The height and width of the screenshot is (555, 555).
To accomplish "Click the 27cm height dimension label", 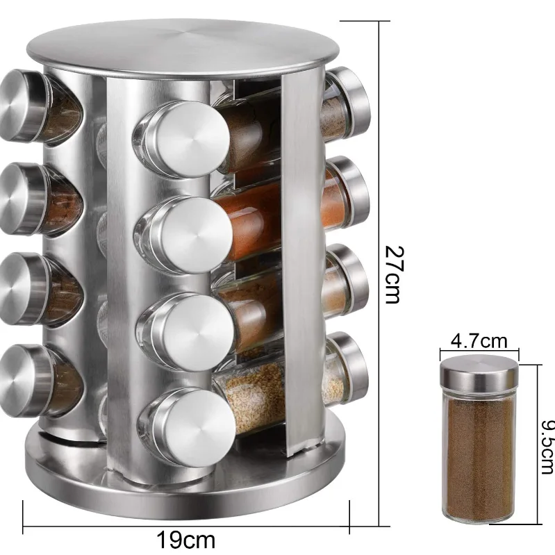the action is coord(394,274).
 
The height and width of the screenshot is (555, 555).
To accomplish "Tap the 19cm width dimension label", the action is coord(186,540).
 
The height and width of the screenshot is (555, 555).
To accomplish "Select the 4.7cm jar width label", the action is coord(479,341).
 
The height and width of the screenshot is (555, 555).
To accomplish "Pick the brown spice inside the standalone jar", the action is coord(479,456).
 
